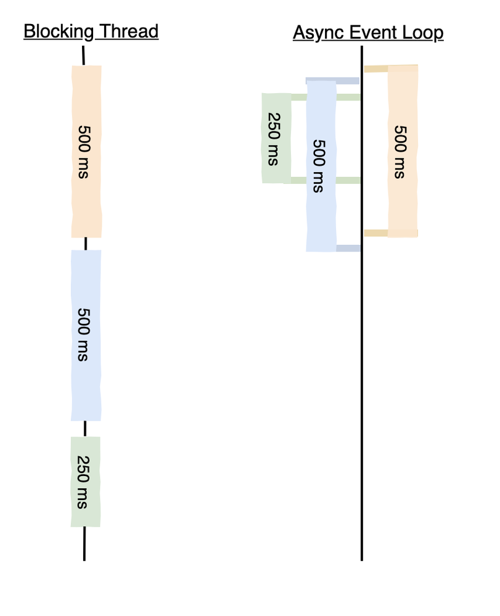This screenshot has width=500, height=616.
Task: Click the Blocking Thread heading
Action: (91, 31)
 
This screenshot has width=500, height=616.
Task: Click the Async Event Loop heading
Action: (368, 33)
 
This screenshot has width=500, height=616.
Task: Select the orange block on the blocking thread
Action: (86, 151)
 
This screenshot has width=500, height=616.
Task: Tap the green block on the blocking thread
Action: (86, 482)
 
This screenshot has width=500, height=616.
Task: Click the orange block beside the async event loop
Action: (403, 151)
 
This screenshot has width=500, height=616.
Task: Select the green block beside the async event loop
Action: (276, 138)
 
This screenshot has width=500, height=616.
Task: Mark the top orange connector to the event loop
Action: (375, 68)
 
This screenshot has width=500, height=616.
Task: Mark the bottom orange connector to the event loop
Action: (375, 232)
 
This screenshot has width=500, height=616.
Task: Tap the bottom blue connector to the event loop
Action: (348, 248)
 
